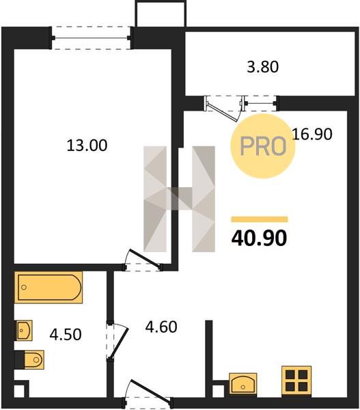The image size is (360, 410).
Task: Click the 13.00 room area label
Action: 87,146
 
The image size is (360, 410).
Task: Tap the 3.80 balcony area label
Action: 263,67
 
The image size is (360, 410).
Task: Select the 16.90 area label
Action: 312,134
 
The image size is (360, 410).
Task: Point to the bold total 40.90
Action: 259,238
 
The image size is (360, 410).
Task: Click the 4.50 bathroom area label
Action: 66,334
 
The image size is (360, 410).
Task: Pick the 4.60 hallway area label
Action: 161,327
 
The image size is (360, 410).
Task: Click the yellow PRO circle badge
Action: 262,146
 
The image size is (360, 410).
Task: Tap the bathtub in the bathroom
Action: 49,287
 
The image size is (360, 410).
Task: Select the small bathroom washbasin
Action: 25,331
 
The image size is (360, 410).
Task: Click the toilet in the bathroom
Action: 34,360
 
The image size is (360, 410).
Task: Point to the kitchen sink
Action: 243,383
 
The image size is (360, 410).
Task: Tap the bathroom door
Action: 117,341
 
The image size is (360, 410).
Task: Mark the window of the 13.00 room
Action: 91,38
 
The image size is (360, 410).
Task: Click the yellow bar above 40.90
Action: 260,219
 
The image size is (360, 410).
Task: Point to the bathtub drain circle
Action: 24,288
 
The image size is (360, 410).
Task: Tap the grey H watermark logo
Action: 180,199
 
